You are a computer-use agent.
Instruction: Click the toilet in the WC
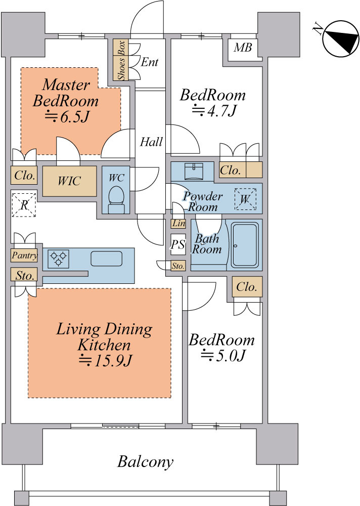[116, 200]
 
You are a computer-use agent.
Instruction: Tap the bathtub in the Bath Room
[245, 245]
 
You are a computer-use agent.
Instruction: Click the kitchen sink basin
[107, 259]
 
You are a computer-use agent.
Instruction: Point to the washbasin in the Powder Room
[194, 172]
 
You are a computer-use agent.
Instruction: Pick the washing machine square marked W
[245, 199]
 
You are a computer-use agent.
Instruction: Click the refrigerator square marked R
[24, 205]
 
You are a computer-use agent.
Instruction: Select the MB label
[243, 48]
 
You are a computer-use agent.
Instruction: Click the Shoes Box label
[121, 60]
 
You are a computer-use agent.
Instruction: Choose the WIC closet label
[69, 181]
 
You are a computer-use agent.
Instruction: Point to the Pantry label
[24, 256]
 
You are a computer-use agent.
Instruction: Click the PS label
[178, 244]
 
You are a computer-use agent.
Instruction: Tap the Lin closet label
[178, 223]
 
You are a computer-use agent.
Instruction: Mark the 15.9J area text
[105, 360]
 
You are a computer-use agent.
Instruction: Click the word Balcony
[145, 462]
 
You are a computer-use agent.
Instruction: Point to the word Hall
[151, 142]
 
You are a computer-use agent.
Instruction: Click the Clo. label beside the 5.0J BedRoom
[247, 287]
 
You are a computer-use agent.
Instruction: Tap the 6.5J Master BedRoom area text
[67, 117]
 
